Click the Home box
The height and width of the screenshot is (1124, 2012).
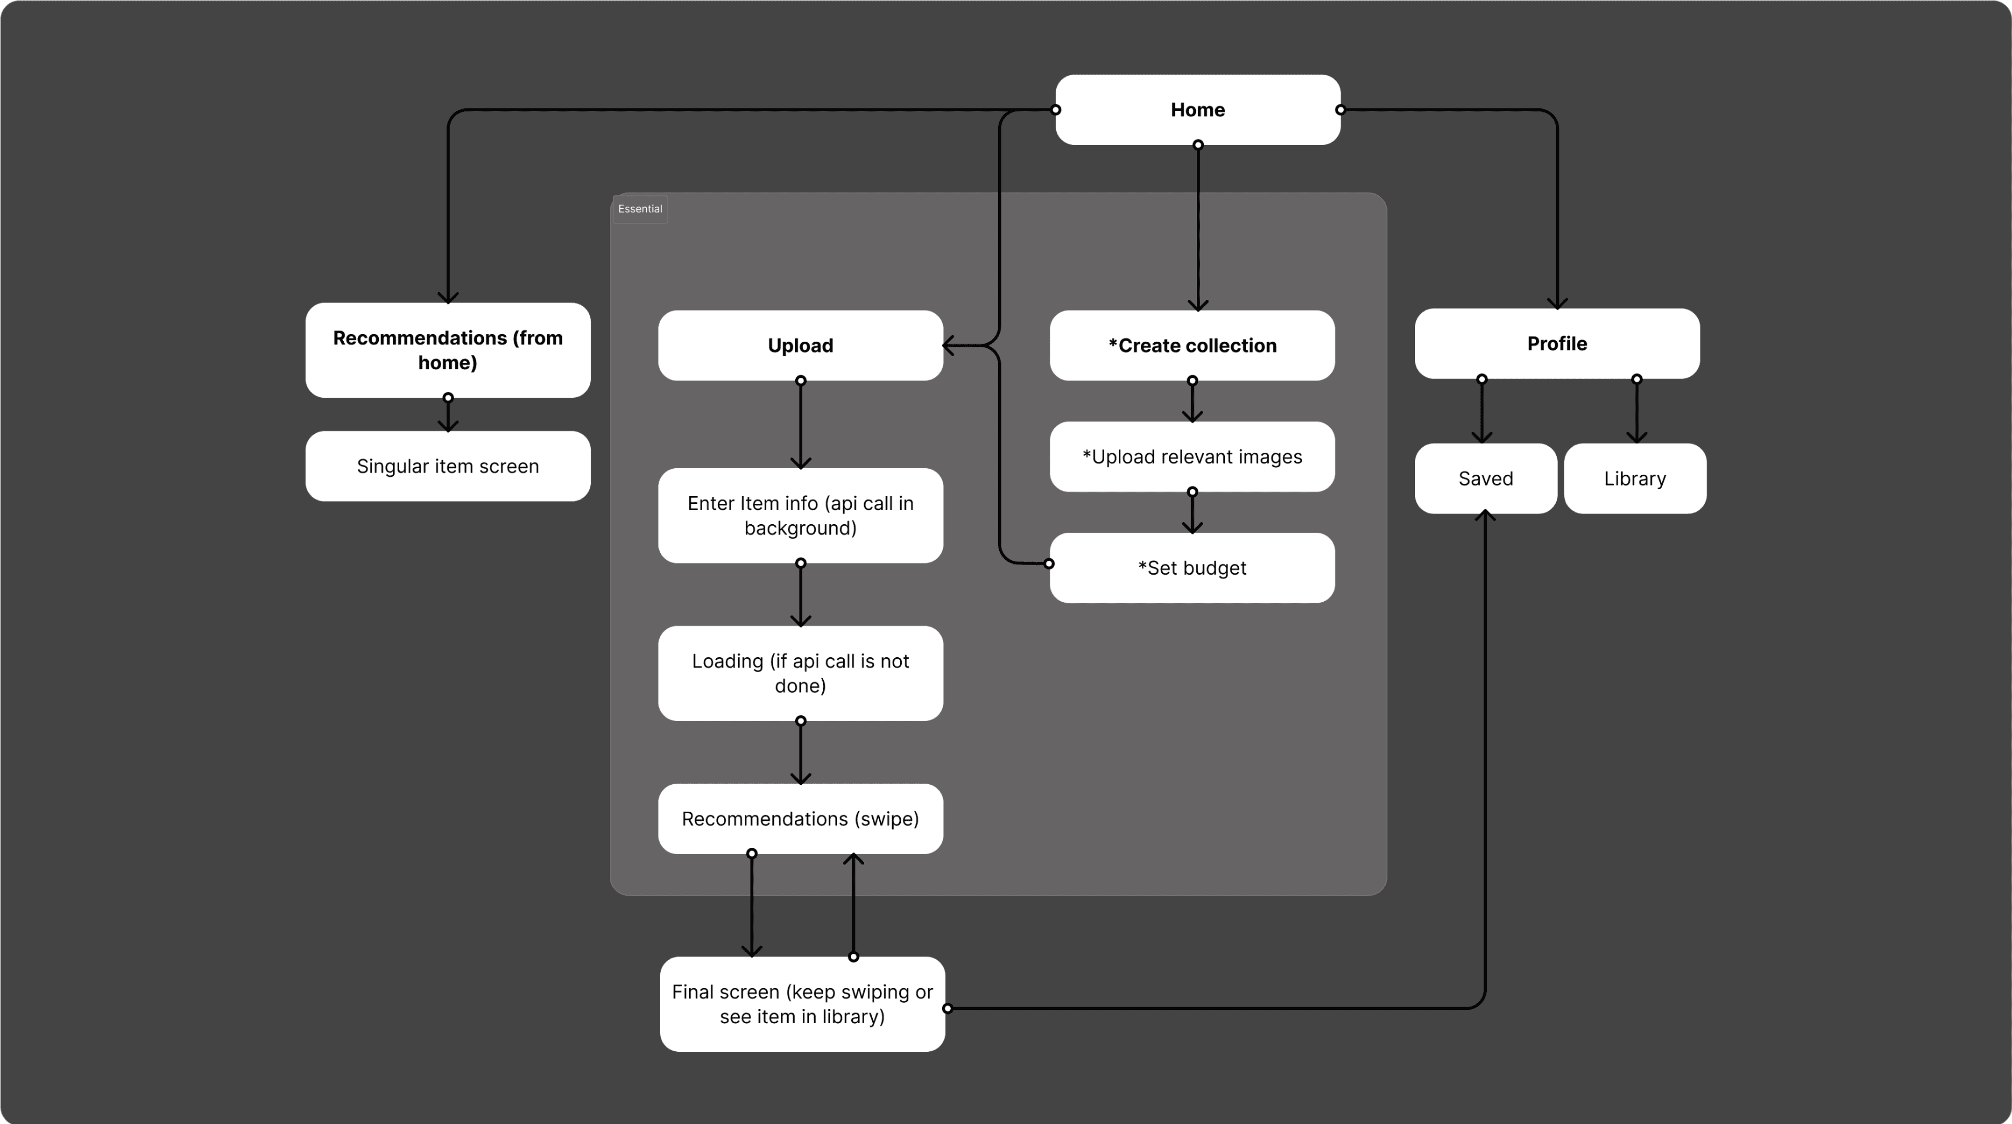pyautogui.click(x=1197, y=109)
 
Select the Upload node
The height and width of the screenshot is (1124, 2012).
pyautogui.click(x=800, y=345)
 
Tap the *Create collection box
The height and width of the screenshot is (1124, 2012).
pyautogui.click(x=1192, y=345)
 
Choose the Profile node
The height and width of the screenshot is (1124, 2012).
pyautogui.click(x=1557, y=344)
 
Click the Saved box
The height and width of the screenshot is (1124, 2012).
pyautogui.click(x=1485, y=478)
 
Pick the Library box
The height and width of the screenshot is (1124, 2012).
pyautogui.click(x=1635, y=478)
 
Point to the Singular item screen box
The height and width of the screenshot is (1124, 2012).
pyautogui.click(x=448, y=466)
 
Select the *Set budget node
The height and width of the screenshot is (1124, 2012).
pyautogui.click(x=1192, y=568)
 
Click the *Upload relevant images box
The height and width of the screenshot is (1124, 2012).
pyautogui.click(x=1192, y=457)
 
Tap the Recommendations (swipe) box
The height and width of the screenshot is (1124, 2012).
pyautogui.click(x=800, y=818)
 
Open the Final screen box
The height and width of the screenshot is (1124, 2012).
pyautogui.click(x=802, y=1004)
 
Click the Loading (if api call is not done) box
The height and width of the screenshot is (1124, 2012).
pyautogui.click(x=800, y=673)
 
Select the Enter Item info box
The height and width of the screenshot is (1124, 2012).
pyautogui.click(x=800, y=516)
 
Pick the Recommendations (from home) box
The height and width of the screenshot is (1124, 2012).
pyautogui.click(x=448, y=350)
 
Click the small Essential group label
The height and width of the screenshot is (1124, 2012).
pyautogui.click(x=640, y=209)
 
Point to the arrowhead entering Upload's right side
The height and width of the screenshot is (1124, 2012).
pyautogui.click(x=948, y=345)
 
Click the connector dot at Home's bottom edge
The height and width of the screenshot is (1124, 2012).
pyautogui.click(x=1198, y=144)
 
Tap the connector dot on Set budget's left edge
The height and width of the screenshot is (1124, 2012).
pyautogui.click(x=1049, y=563)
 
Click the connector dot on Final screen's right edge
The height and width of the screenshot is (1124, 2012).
pyautogui.click(x=947, y=1009)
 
